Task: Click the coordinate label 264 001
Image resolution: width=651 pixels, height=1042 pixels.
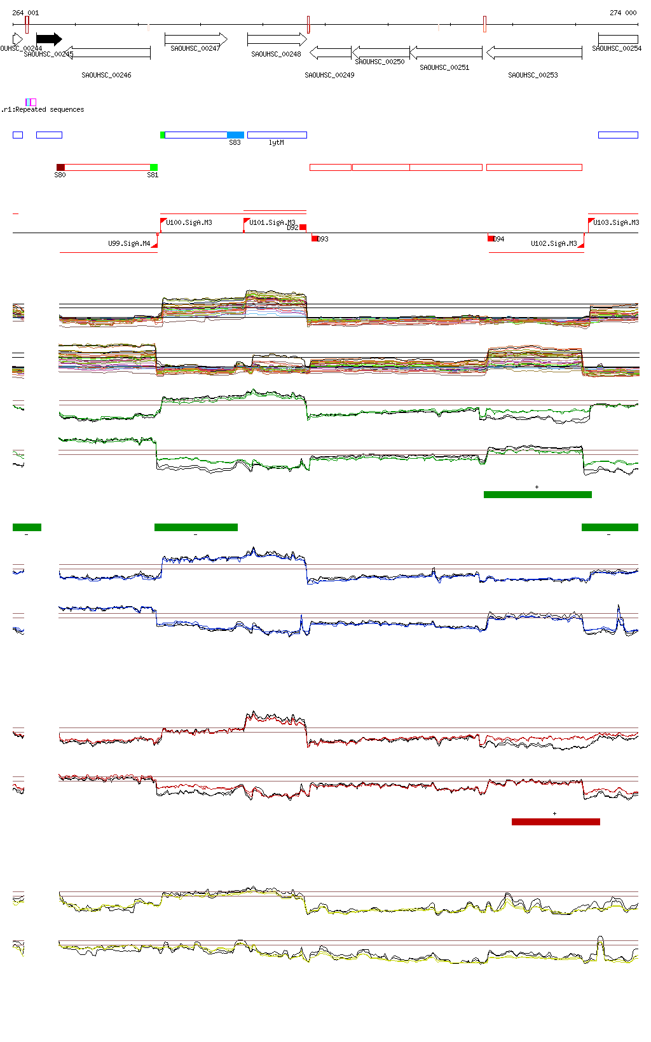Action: (25, 13)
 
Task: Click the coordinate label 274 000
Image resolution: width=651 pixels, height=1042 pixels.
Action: (623, 13)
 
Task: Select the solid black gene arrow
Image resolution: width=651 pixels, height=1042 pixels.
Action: (49, 39)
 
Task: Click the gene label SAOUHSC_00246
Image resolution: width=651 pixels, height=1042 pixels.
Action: (106, 75)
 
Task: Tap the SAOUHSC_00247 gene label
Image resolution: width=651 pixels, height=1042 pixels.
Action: (195, 48)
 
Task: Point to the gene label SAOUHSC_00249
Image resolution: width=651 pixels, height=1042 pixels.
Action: (329, 75)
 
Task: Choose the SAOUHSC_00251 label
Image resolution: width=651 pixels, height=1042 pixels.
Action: (444, 67)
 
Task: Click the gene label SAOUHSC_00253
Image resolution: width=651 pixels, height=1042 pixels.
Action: (533, 75)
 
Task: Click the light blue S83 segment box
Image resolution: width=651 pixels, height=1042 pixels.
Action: (235, 135)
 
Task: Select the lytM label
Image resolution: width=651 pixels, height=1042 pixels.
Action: (277, 142)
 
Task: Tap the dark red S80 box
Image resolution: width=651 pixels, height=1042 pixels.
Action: (60, 167)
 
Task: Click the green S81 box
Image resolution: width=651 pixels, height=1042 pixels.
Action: (153, 167)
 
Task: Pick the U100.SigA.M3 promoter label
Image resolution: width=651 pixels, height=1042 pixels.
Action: (189, 222)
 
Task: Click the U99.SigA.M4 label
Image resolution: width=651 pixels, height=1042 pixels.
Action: (129, 243)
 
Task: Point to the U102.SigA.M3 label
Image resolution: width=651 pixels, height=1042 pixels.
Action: (554, 243)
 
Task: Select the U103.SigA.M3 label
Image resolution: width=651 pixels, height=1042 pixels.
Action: (616, 222)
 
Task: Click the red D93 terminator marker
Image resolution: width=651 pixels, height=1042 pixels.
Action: (315, 238)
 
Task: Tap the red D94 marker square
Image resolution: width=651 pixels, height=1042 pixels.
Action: (491, 238)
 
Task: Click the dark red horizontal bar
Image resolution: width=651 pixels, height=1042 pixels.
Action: (556, 822)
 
